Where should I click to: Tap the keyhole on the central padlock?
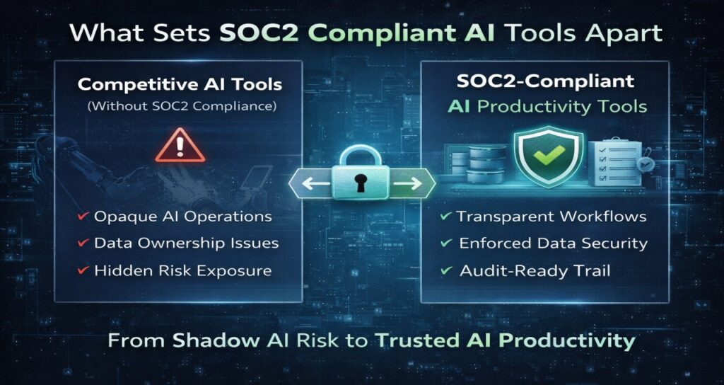362,183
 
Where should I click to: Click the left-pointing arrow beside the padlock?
308,185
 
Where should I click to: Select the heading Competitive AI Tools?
180,84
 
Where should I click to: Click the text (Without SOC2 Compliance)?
180,107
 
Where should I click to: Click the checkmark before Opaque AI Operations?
83,217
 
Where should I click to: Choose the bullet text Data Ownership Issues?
187,243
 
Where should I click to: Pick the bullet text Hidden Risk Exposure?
182,270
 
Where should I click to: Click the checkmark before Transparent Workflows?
445,217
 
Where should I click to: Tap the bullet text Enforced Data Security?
553,243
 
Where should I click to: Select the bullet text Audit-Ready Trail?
535,270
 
